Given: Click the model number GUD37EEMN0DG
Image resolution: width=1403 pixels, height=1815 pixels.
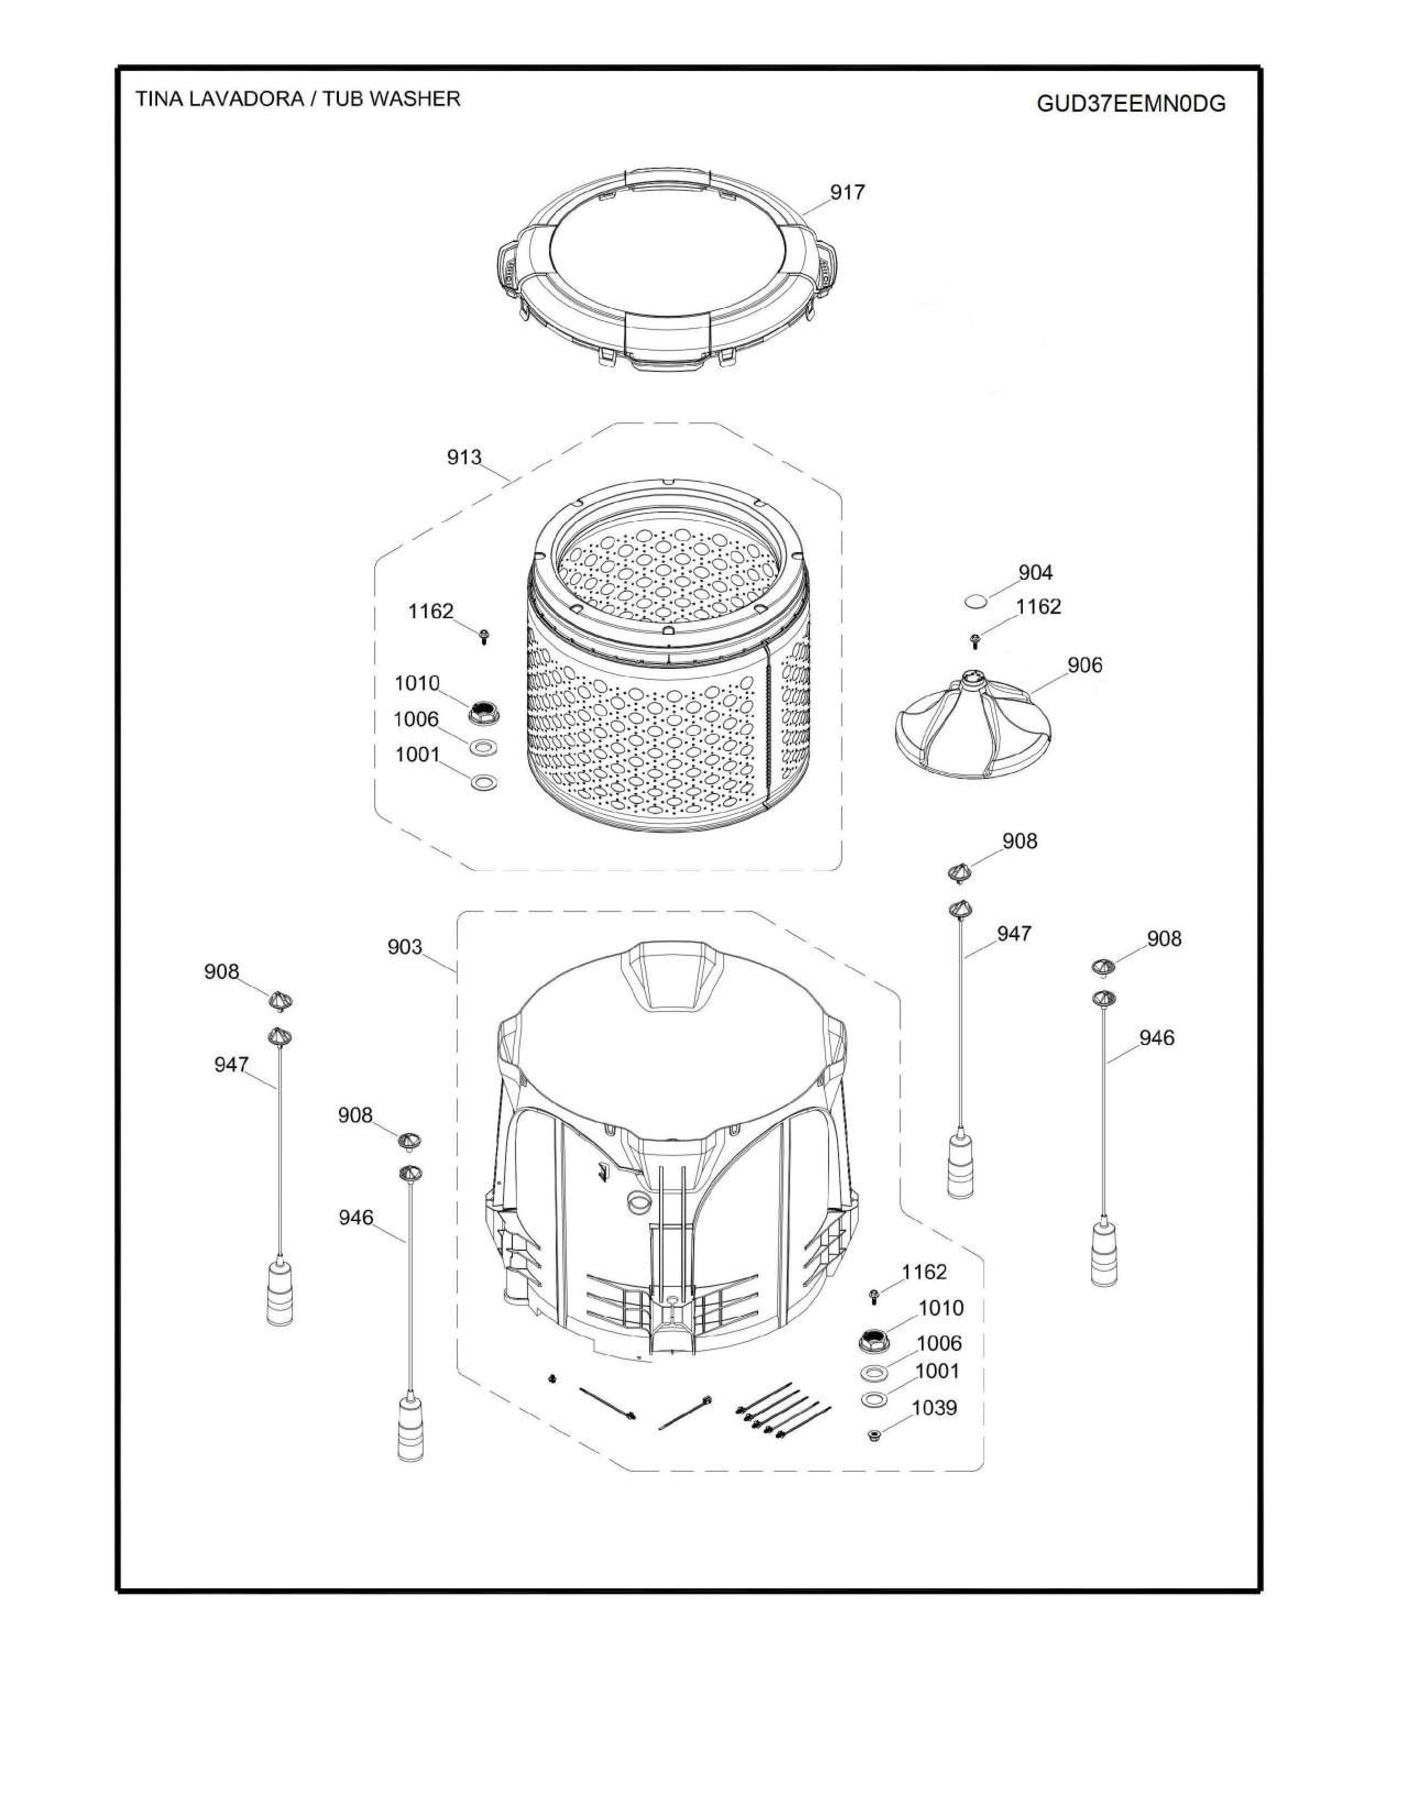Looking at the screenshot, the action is [x=1131, y=104].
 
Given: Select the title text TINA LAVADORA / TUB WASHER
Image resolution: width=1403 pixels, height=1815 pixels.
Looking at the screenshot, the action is [x=298, y=99].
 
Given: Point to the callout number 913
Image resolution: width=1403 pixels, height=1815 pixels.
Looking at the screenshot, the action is [x=464, y=457].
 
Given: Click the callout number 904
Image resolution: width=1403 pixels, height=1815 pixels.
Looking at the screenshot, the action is [x=1035, y=573].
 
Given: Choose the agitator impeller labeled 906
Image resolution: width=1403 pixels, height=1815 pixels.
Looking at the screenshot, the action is [x=972, y=725].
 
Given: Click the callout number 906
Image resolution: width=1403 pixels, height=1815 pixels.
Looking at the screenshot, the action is [x=1084, y=665].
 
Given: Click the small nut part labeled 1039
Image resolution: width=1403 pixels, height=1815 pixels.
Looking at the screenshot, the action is [x=874, y=1435].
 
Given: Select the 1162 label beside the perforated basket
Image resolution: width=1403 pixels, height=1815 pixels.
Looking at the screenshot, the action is [x=431, y=612].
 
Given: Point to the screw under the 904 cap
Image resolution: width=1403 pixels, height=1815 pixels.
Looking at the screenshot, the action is [x=976, y=640].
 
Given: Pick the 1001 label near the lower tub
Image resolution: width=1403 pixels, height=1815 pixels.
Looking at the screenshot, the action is [x=937, y=1371].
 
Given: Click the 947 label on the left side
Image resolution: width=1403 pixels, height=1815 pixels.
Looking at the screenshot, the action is [x=231, y=1065].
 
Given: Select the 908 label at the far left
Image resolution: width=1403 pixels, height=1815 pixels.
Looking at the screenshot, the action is [x=221, y=971].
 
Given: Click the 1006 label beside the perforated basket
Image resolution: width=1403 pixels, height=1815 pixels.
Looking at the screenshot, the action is [x=415, y=719].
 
